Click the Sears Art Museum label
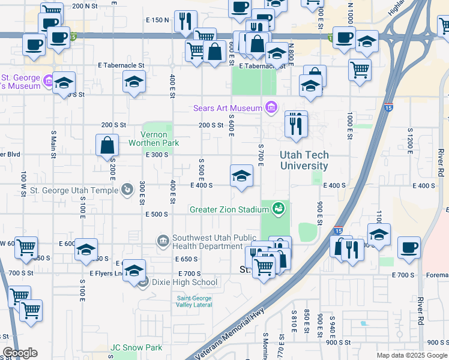coord(228,109)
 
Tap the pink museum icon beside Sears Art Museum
coord(271,108)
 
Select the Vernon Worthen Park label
coord(154,139)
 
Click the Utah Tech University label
coord(304,160)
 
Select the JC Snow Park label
coord(136,347)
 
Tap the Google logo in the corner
coord(20,353)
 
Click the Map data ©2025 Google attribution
coord(411,355)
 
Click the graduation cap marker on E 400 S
coord(241,176)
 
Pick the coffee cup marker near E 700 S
coord(409,247)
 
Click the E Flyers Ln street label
coord(106,273)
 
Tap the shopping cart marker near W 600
coord(26,247)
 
